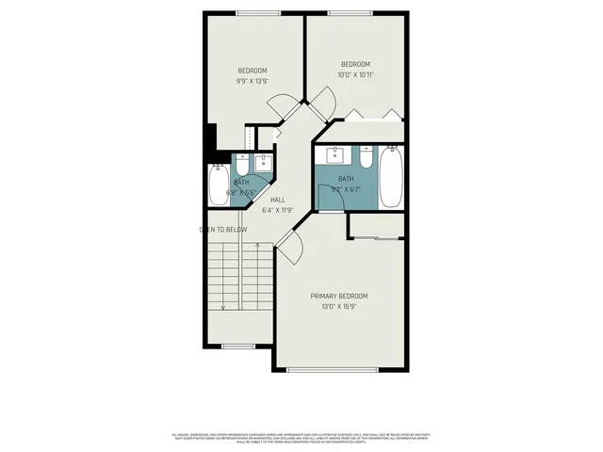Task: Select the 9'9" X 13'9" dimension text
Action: [252, 81]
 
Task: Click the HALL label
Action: [278, 200]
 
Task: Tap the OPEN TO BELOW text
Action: [223, 229]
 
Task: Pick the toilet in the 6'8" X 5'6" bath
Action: [241, 164]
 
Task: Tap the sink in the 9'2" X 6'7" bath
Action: [334, 154]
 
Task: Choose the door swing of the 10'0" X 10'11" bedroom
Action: [322, 105]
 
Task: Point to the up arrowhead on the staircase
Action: [256, 246]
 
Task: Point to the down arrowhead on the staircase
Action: [223, 306]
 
